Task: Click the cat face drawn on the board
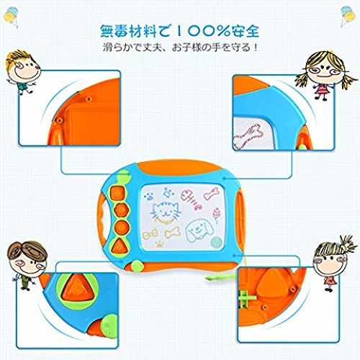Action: point(166,212)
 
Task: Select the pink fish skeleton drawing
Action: point(191,199)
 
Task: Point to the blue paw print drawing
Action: point(149,196)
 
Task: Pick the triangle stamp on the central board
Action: point(119,246)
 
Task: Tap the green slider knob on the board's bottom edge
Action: point(137,266)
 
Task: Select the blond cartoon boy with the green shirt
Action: point(22,71)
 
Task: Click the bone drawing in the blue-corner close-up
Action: point(247,136)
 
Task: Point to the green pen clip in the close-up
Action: point(246,299)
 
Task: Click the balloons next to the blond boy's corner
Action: point(11,17)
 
